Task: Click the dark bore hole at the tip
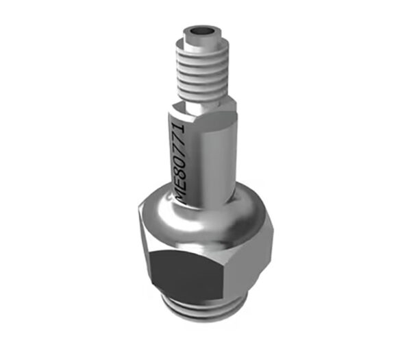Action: tap(202, 31)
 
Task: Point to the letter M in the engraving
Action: tap(179, 195)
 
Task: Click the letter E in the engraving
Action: tap(179, 181)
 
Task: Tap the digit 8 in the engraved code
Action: tap(178, 169)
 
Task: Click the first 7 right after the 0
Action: tap(178, 148)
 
